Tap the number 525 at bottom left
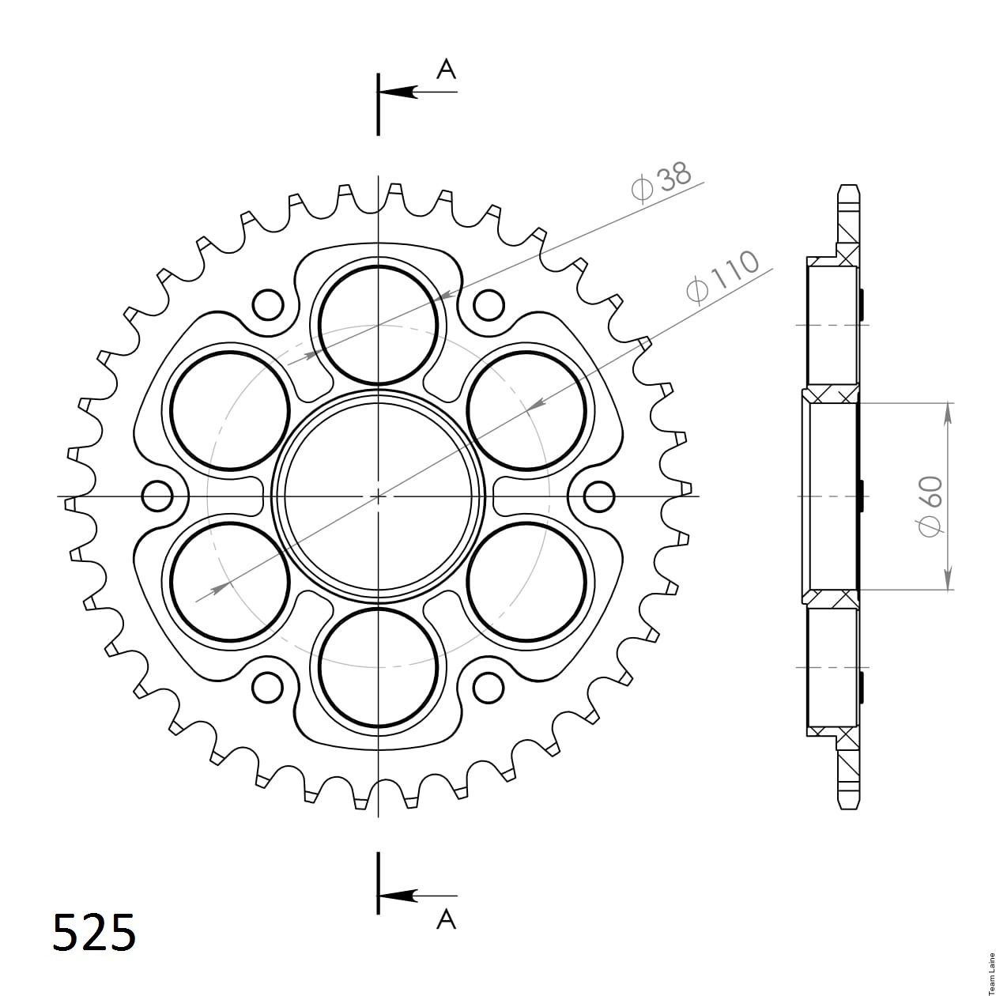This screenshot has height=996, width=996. [95, 932]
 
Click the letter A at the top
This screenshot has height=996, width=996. [446, 70]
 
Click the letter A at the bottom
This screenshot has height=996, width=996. [446, 919]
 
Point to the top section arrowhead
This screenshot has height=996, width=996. [398, 92]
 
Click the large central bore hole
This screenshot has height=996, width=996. [378, 496]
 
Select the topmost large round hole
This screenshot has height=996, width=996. [378, 326]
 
